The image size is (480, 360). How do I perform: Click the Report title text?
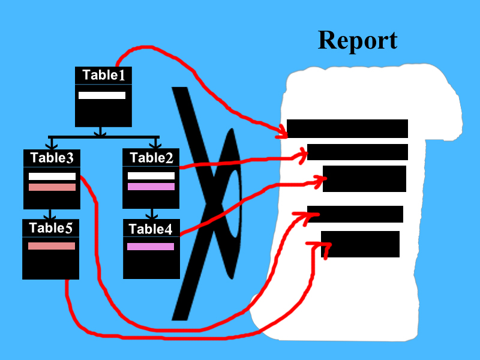(357, 41)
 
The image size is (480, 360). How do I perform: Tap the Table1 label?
(104, 75)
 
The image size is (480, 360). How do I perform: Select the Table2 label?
(151, 158)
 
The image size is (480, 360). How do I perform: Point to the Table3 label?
(52, 158)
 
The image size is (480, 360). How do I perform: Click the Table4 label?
(151, 229)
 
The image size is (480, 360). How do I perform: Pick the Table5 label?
(51, 227)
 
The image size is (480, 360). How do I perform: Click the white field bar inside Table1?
(102, 95)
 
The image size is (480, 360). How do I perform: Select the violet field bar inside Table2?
(151, 187)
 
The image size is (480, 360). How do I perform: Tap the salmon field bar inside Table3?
(52, 187)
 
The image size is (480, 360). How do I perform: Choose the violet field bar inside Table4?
(151, 247)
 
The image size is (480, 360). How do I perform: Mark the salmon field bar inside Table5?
(52, 246)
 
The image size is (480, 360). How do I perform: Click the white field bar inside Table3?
(52, 176)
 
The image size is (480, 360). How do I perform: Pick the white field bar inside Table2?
(151, 176)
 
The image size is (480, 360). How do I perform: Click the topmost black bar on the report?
(347, 128)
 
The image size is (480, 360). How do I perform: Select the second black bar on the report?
(358, 152)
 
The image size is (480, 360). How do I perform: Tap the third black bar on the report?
(364, 179)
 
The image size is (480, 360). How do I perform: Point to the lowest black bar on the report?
(360, 244)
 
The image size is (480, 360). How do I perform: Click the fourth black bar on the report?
(355, 214)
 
